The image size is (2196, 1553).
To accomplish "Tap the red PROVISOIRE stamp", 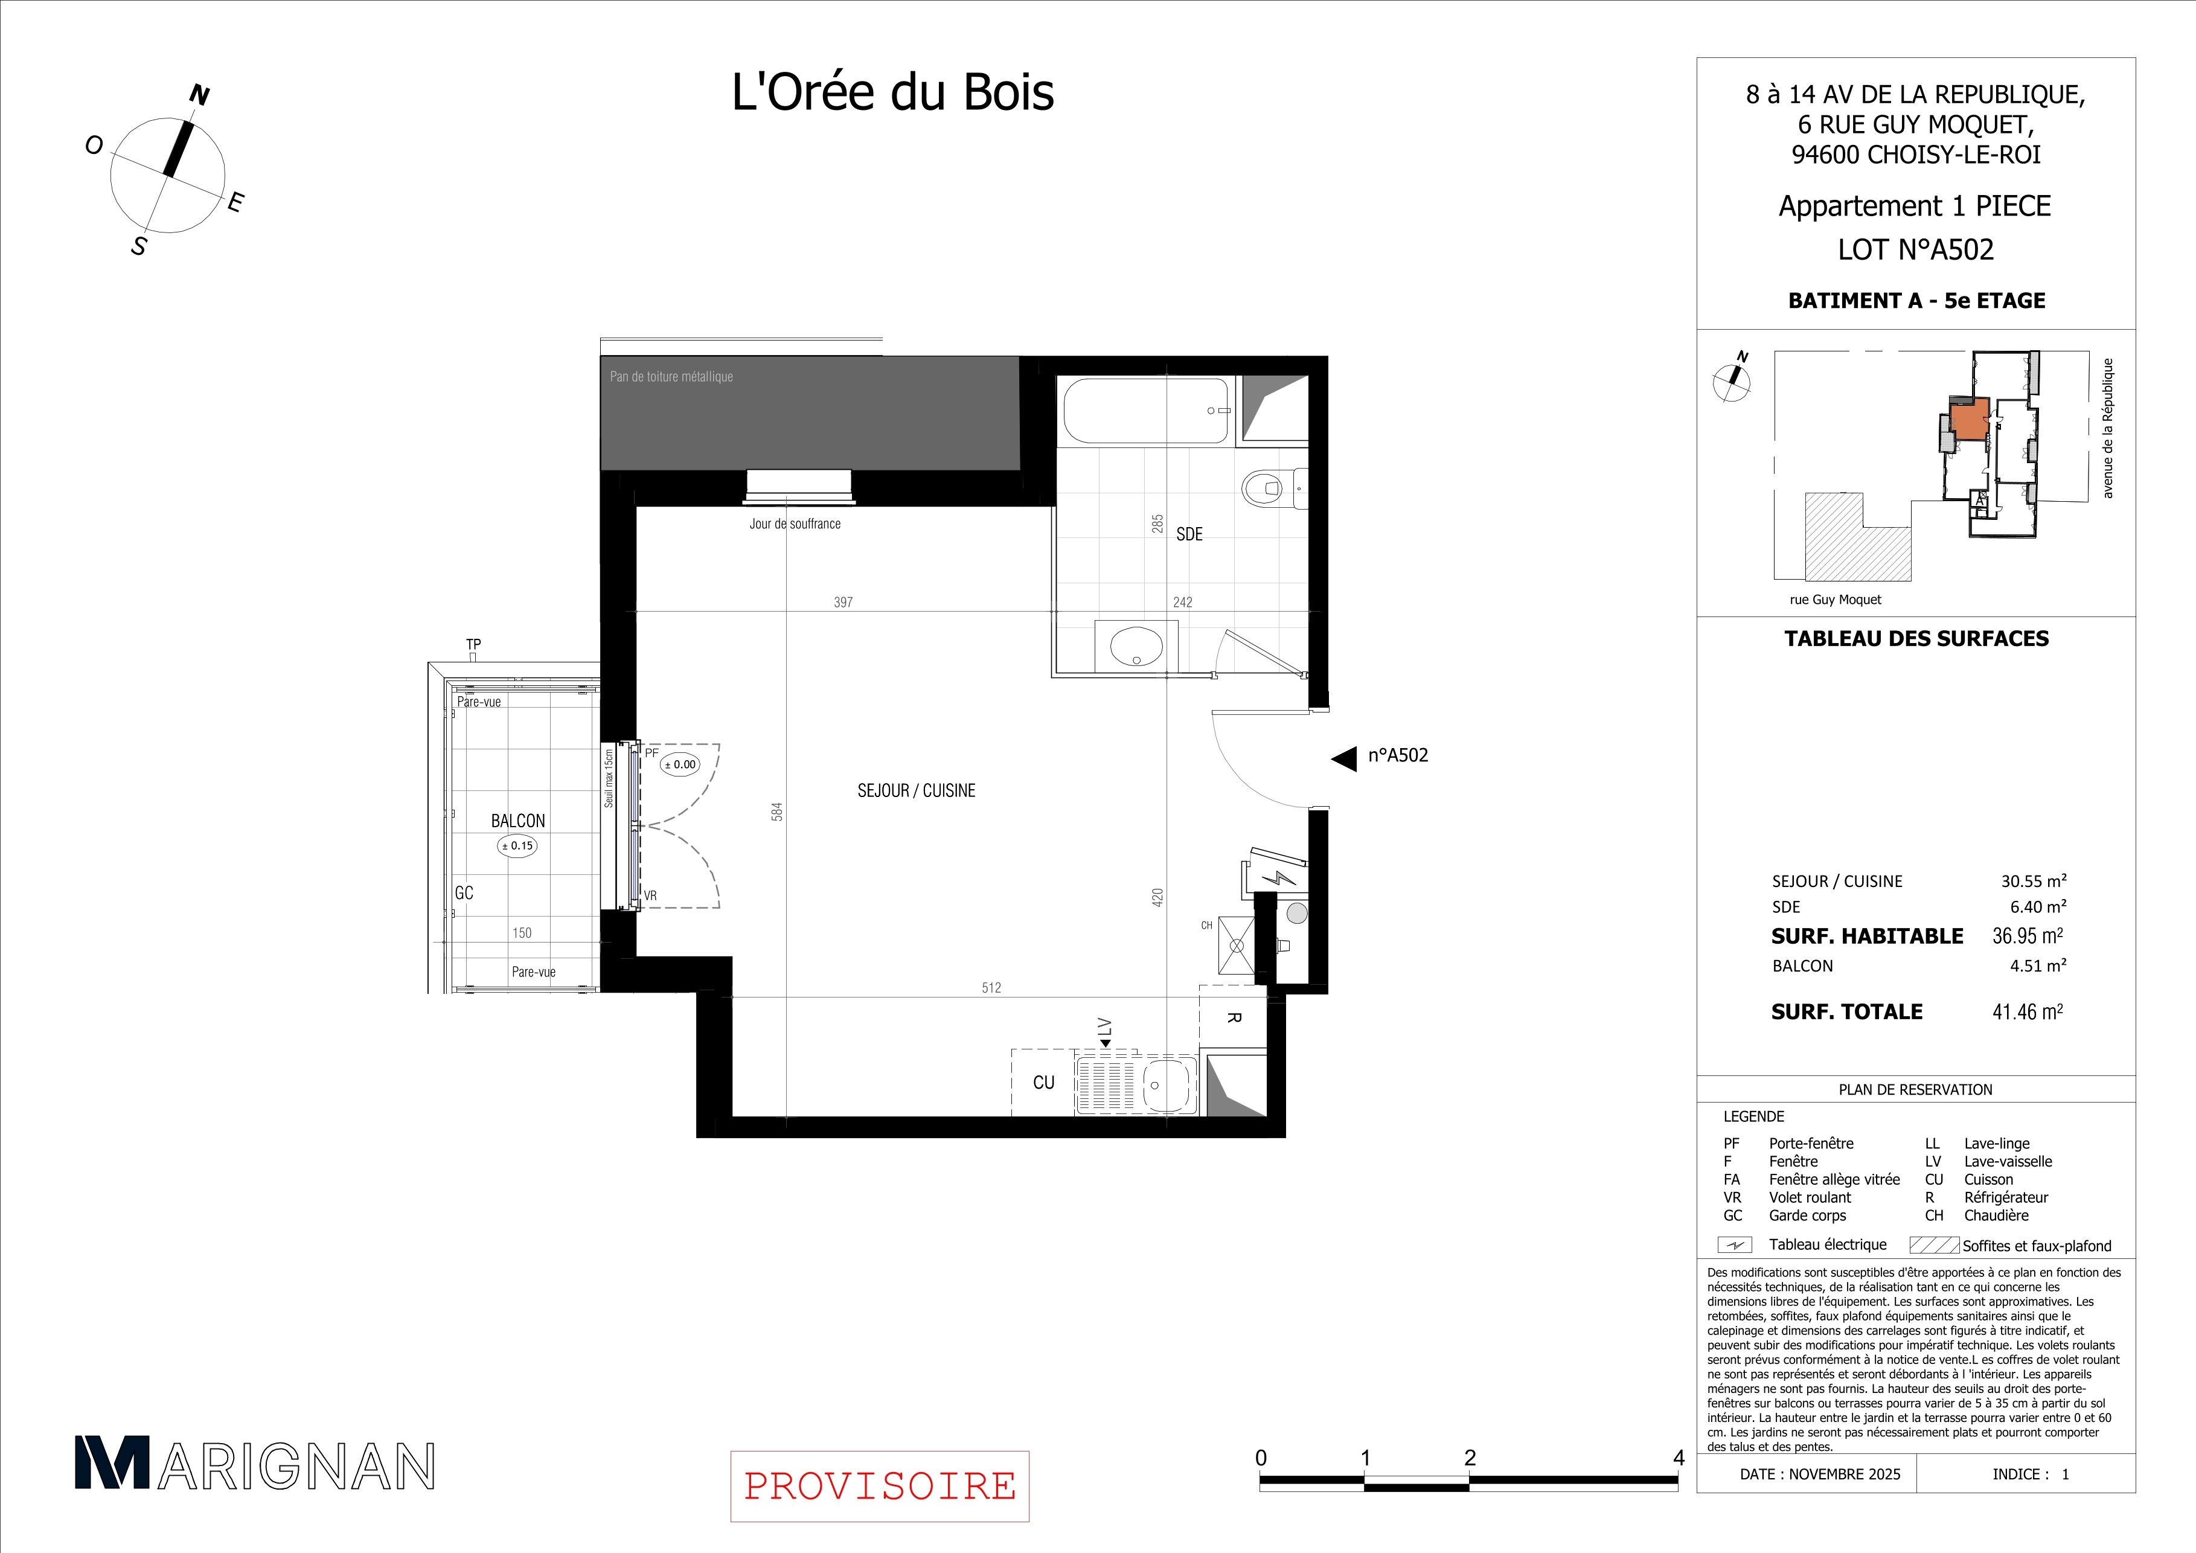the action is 879,1486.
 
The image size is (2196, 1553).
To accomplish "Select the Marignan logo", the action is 254,1465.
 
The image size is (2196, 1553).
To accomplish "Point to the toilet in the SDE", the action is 1267,488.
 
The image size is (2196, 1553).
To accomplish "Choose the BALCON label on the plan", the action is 517,821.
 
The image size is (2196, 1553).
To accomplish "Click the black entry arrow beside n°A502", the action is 1344,758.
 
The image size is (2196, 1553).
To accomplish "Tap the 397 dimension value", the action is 843,603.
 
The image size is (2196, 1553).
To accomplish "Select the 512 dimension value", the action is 991,988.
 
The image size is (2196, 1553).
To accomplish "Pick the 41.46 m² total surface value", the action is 2028,1012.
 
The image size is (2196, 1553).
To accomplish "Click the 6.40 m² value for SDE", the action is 2038,906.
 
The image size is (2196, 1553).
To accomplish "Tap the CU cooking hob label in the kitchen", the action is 1043,1083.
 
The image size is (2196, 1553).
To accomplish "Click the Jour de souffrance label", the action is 795,524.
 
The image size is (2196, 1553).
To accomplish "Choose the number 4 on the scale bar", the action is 1679,1458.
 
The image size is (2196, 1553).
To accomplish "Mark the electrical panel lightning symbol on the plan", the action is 1275,879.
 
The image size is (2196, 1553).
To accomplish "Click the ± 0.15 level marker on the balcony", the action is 517,845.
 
